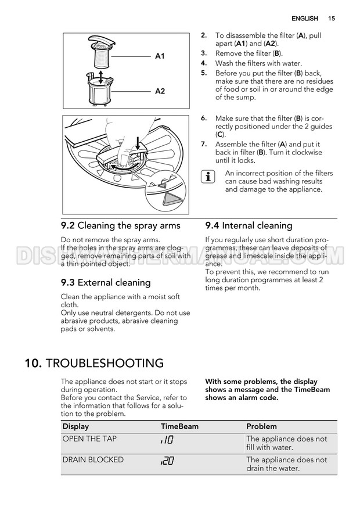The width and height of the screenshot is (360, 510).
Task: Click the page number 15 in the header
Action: [331, 19]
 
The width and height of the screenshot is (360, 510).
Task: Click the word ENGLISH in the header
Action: [304, 19]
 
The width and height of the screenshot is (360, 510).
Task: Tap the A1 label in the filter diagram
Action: [160, 56]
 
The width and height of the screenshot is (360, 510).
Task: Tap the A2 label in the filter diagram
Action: [160, 91]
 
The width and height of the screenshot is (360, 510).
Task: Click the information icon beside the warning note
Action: [209, 177]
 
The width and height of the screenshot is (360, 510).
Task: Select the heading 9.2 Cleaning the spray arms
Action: [121, 225]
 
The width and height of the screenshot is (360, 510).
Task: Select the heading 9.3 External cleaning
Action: [106, 282]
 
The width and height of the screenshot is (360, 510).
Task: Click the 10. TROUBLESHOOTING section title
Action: [94, 364]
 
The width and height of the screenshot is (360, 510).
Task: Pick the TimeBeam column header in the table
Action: [179, 426]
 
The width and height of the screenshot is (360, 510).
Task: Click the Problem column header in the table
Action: [261, 426]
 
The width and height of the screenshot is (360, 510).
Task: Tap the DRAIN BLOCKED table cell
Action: [93, 459]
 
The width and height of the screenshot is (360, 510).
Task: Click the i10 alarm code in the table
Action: [167, 441]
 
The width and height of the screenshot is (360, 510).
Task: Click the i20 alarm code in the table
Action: [167, 461]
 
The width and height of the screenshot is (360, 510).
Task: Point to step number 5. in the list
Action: [204, 73]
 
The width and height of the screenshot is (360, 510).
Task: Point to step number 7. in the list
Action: [204, 144]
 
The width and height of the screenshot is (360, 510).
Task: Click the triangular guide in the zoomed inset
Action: [172, 199]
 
